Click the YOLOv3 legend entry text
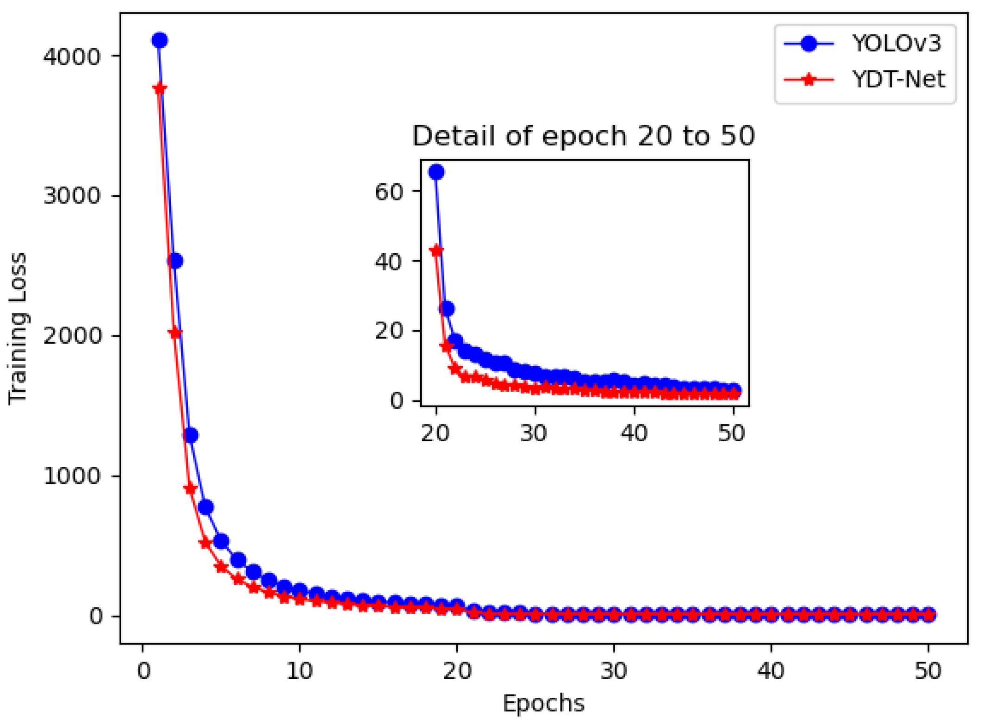(896, 44)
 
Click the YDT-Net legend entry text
(898, 80)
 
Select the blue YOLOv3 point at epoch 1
(159, 41)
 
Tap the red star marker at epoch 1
(159, 88)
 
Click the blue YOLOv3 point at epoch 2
(175, 261)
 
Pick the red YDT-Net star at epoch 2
(175, 333)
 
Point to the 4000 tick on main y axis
(72, 56)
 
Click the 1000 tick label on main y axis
(72, 476)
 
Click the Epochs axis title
(543, 703)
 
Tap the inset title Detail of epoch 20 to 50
(583, 136)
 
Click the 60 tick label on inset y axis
(389, 192)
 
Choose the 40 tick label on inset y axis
(389, 262)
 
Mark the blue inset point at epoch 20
(436, 172)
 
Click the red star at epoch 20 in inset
(436, 250)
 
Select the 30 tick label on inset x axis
(534, 433)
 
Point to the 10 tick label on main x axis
(299, 671)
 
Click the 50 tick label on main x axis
(928, 671)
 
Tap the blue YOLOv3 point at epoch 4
(206, 507)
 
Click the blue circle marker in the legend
(809, 44)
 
